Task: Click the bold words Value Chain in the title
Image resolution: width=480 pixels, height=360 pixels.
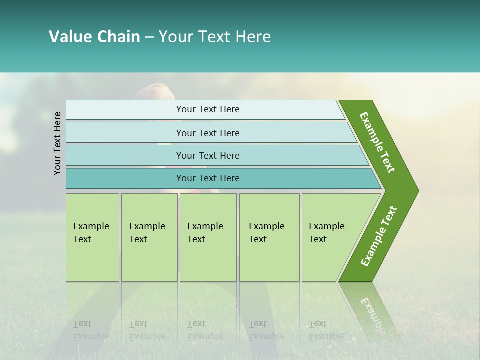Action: pos(94,37)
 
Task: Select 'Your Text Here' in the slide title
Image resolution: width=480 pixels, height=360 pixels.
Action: pos(215,37)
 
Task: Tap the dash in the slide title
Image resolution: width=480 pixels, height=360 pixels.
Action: pos(149,37)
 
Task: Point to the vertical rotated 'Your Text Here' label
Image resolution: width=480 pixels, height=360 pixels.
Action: pos(57,143)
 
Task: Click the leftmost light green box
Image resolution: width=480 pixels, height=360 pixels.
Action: pos(92,237)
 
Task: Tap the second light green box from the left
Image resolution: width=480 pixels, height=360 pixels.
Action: pos(149,237)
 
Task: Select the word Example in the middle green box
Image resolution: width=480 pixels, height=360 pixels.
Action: pos(205,226)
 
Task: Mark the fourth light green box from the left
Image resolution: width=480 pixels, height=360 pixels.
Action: pos(269,237)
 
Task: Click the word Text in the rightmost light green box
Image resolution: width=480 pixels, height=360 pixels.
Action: pos(317,239)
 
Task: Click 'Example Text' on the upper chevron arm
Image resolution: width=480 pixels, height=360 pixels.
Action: pos(378,142)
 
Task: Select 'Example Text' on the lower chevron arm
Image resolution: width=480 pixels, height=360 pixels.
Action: pos(379,236)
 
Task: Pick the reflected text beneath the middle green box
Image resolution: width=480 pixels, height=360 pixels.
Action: pos(205,330)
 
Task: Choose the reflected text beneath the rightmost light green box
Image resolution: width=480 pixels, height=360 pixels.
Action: pos(326,330)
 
